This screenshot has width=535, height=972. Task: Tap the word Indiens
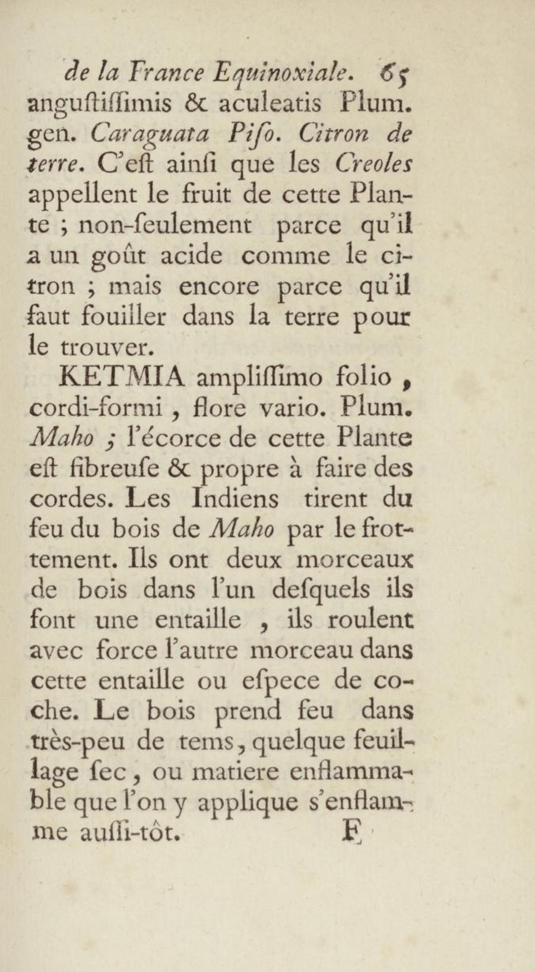coord(235,499)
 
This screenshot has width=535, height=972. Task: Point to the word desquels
coord(301,589)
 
